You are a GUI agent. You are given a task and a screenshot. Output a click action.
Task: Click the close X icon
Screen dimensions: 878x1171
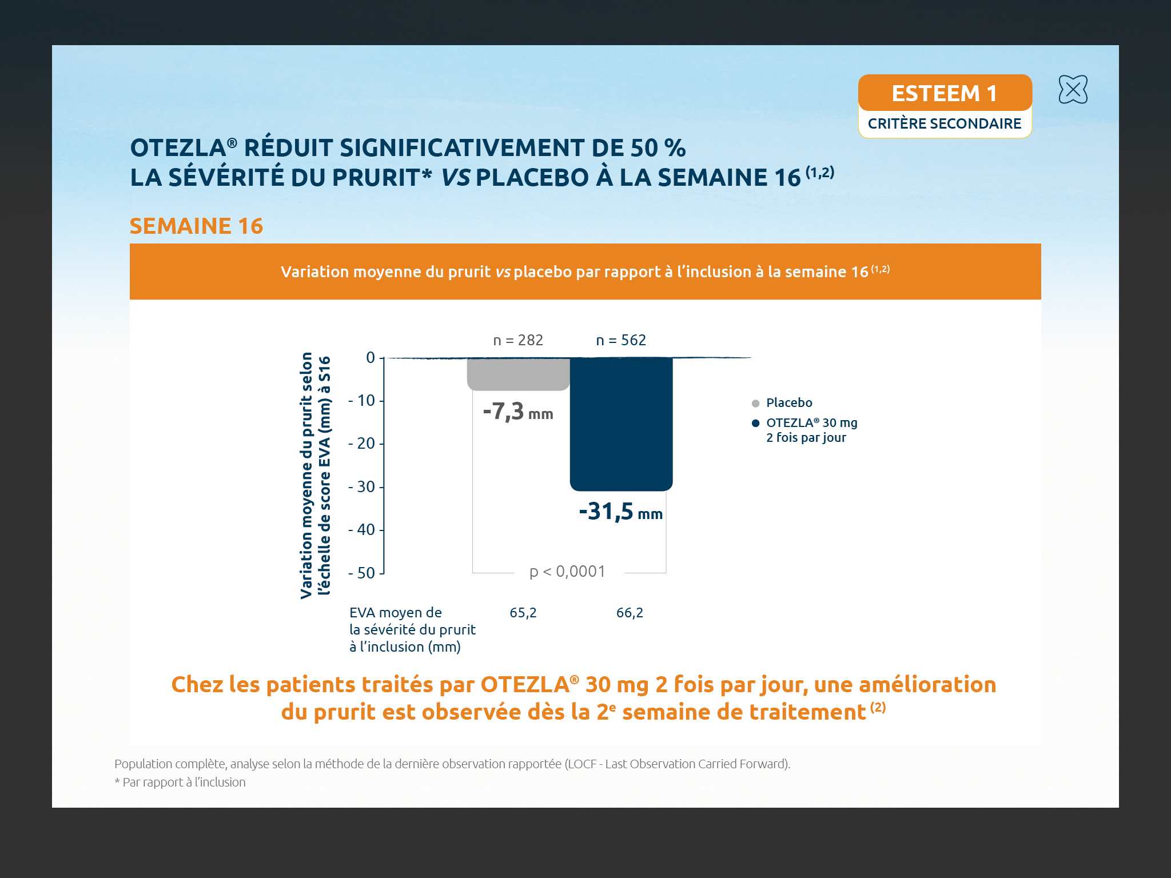(1073, 90)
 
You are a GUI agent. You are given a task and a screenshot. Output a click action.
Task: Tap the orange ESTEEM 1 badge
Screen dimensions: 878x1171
(945, 93)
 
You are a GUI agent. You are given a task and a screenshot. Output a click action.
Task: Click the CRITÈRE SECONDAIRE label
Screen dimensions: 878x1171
(945, 123)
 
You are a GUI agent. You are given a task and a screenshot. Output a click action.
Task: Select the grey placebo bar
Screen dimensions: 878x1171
(518, 374)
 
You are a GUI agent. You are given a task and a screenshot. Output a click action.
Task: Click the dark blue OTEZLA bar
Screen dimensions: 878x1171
(621, 423)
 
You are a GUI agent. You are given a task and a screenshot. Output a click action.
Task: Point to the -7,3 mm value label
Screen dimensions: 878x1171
(518, 412)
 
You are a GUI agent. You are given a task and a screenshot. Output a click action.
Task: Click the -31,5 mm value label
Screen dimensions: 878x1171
(621, 512)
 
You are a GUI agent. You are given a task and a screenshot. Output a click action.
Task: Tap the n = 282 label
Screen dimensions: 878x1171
(518, 340)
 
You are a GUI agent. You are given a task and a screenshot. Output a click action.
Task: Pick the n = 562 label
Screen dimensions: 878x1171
(621, 340)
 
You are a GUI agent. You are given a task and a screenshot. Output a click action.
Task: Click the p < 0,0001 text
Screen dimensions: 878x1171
(567, 571)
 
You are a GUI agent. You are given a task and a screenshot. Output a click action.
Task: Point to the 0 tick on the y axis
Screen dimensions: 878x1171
(371, 358)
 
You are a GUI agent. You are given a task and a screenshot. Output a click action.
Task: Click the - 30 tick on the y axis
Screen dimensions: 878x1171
(363, 487)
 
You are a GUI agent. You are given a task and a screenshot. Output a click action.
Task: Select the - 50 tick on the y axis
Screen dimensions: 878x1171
(363, 573)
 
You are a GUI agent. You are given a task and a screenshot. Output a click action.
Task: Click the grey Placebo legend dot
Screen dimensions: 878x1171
(755, 404)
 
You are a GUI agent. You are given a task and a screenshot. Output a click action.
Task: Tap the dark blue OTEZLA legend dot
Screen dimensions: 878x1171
(755, 423)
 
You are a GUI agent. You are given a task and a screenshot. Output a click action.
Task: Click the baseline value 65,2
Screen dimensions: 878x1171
(523, 613)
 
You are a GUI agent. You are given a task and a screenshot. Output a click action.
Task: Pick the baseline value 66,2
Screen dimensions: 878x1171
(630, 613)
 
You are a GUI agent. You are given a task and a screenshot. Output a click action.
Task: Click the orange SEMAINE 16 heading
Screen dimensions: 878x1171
(196, 226)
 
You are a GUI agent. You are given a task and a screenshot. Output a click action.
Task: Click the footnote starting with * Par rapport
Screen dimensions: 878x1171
(180, 782)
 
